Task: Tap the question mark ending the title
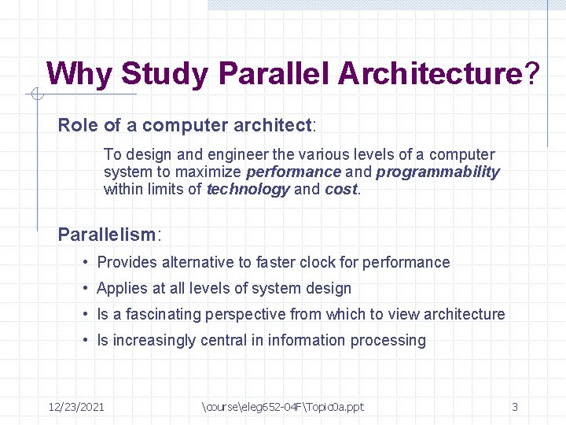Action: click(x=532, y=74)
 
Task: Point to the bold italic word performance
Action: click(x=293, y=172)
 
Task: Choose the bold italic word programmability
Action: click(x=438, y=172)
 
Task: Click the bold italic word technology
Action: click(x=248, y=189)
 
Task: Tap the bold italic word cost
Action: click(x=341, y=189)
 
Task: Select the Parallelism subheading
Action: click(x=107, y=235)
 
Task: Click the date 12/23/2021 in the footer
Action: click(x=76, y=407)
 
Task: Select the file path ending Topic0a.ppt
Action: click(x=283, y=407)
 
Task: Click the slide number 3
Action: click(x=515, y=407)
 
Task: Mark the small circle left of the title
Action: click(x=37, y=95)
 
